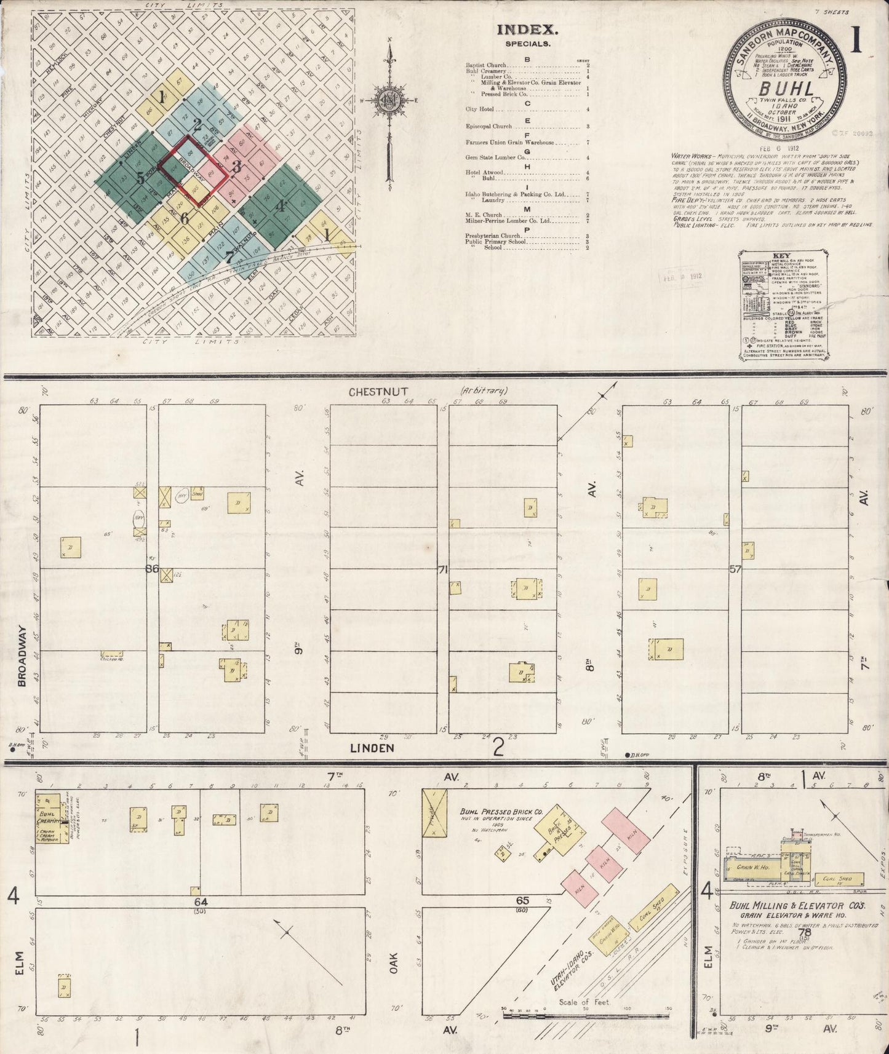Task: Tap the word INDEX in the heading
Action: click(x=527, y=29)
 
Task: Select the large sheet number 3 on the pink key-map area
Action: click(x=236, y=166)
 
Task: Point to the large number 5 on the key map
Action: click(x=141, y=178)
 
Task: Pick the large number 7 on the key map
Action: click(x=229, y=257)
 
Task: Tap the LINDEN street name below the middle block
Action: click(x=372, y=748)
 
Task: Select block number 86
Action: click(x=152, y=569)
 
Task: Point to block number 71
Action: click(x=442, y=569)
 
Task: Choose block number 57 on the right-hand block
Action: click(x=735, y=569)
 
